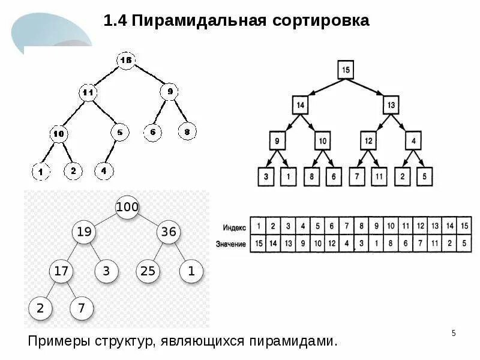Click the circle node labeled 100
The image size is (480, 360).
pos(127,207)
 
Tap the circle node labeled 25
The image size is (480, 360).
pos(148,271)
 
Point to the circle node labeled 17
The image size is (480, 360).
pos(61,271)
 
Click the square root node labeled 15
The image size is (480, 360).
pos(345,70)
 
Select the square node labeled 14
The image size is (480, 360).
pos(301,105)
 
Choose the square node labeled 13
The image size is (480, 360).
pos(392,105)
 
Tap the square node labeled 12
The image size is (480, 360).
pos(368,141)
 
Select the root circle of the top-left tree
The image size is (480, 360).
pos(125,60)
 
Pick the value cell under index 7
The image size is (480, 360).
pos(346,244)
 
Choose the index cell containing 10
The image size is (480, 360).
pos(391,227)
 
